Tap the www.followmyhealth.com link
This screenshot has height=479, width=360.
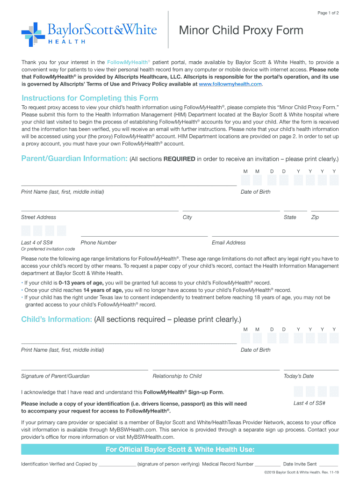230,85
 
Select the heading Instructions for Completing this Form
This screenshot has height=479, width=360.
90,98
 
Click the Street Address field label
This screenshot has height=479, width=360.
38,217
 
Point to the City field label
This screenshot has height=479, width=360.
187,217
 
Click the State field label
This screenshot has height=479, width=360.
290,217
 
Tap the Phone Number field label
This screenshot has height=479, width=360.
99,243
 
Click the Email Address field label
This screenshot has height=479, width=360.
229,243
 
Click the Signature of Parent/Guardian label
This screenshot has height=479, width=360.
55,376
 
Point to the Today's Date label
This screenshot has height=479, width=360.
299,376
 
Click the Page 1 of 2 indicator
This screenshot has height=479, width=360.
328,13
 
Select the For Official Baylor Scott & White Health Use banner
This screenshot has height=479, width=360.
180,450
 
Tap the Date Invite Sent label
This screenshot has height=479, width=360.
300,464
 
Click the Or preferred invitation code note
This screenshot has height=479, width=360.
48,249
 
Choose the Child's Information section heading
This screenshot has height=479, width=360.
56,319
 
